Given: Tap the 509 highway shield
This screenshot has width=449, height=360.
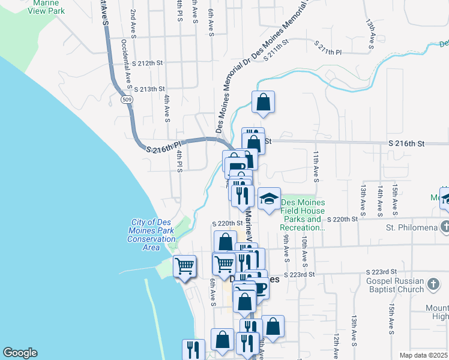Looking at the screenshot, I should [x=126, y=99].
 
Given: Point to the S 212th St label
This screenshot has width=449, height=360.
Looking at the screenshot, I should [x=148, y=63].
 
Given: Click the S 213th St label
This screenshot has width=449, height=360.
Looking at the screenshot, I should [x=149, y=89].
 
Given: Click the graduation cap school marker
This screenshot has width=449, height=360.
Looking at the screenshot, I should [x=269, y=198].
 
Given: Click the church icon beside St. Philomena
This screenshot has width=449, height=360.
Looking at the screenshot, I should [x=444, y=227].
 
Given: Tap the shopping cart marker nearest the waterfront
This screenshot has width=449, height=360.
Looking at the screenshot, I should [x=184, y=265].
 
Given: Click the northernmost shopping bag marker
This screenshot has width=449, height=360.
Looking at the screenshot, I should [x=263, y=103].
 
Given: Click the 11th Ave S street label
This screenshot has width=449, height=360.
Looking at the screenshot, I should [x=315, y=166].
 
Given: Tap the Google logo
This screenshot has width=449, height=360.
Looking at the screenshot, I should [x=20, y=353].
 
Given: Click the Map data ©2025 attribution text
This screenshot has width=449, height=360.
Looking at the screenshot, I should [x=423, y=355].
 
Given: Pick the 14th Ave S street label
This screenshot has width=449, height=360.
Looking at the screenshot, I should [x=380, y=200].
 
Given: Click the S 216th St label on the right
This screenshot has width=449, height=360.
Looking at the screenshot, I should [x=406, y=144].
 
